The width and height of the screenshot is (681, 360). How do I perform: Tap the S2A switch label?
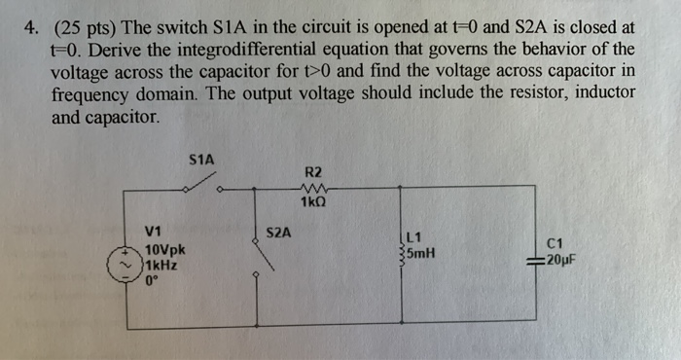pos(278,233)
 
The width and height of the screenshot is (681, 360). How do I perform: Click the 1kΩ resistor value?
pos(313,204)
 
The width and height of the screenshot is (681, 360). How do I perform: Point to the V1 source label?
pos(153,232)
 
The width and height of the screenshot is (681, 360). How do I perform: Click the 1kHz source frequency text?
pos(160,264)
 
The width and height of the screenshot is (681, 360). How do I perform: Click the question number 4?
pos(30,27)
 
